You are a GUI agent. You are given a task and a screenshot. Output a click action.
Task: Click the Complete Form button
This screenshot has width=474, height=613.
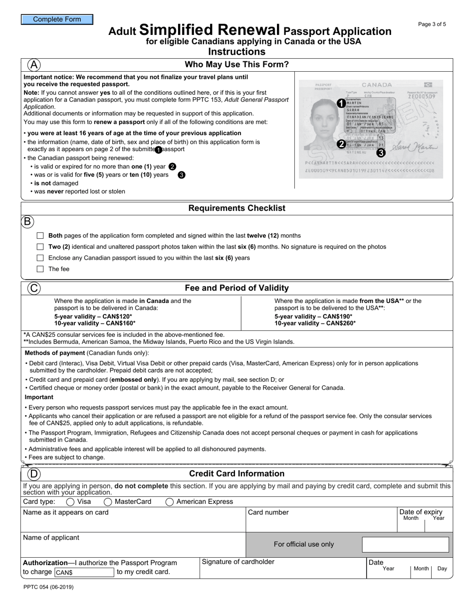(x=57, y=19)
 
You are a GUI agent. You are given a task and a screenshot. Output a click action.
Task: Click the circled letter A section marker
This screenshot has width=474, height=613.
(x=34, y=65)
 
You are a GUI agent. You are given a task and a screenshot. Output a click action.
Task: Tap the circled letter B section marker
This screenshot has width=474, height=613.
(x=27, y=222)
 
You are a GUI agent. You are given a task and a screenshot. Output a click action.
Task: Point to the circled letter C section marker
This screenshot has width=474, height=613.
(x=34, y=288)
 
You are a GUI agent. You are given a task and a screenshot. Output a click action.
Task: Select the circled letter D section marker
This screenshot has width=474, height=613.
(x=34, y=474)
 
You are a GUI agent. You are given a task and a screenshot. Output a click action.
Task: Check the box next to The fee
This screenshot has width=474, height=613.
(x=40, y=269)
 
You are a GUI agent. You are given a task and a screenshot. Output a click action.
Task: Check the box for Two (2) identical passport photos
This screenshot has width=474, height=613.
(x=40, y=247)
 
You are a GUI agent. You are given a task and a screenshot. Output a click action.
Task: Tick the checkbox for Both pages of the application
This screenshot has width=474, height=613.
(x=40, y=236)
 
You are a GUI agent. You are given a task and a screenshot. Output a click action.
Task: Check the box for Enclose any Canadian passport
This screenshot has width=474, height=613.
(x=40, y=258)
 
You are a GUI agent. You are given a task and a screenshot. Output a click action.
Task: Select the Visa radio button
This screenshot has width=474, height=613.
(x=70, y=502)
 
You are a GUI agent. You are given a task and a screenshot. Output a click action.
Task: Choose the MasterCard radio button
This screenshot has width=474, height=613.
(x=108, y=502)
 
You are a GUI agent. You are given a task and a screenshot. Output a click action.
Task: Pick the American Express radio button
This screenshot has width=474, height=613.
(x=170, y=502)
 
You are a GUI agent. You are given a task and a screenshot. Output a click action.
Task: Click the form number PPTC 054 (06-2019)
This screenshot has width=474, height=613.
(x=48, y=587)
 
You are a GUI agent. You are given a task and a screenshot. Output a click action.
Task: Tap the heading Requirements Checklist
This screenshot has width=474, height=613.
(x=237, y=208)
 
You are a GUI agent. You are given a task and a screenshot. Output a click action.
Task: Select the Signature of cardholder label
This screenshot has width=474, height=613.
(x=238, y=562)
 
